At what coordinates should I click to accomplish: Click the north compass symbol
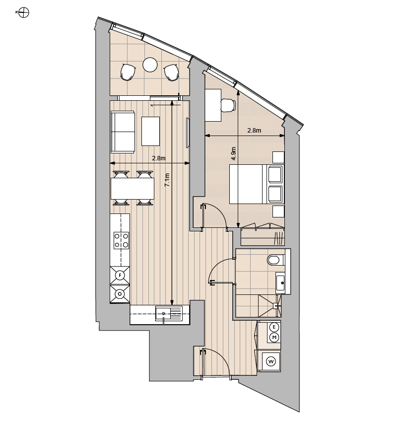pos(24,12)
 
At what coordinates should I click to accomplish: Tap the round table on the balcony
pos(150,65)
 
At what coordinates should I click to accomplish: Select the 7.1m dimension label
pos(167,180)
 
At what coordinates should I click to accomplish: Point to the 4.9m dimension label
pos(234,153)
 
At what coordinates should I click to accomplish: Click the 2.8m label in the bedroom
pos(254,131)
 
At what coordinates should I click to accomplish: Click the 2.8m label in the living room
pos(159,158)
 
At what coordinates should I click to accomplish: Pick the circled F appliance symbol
pos(120,276)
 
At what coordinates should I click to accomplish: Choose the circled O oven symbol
pos(120,294)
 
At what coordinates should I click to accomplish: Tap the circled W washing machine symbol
pos(271,361)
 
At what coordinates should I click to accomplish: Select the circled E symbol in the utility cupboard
pos(274,327)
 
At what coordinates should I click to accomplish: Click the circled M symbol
pos(274,337)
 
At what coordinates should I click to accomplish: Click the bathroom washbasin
pos(280,282)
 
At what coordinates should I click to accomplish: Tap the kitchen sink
pos(169,313)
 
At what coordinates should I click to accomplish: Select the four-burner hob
pos(122,240)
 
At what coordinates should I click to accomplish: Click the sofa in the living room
pos(123,132)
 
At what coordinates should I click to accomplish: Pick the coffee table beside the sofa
pos(150,131)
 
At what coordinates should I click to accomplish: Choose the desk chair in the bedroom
pos(228,105)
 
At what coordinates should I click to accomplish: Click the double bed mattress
pos(246,184)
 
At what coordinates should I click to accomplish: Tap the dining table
pos(133,188)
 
